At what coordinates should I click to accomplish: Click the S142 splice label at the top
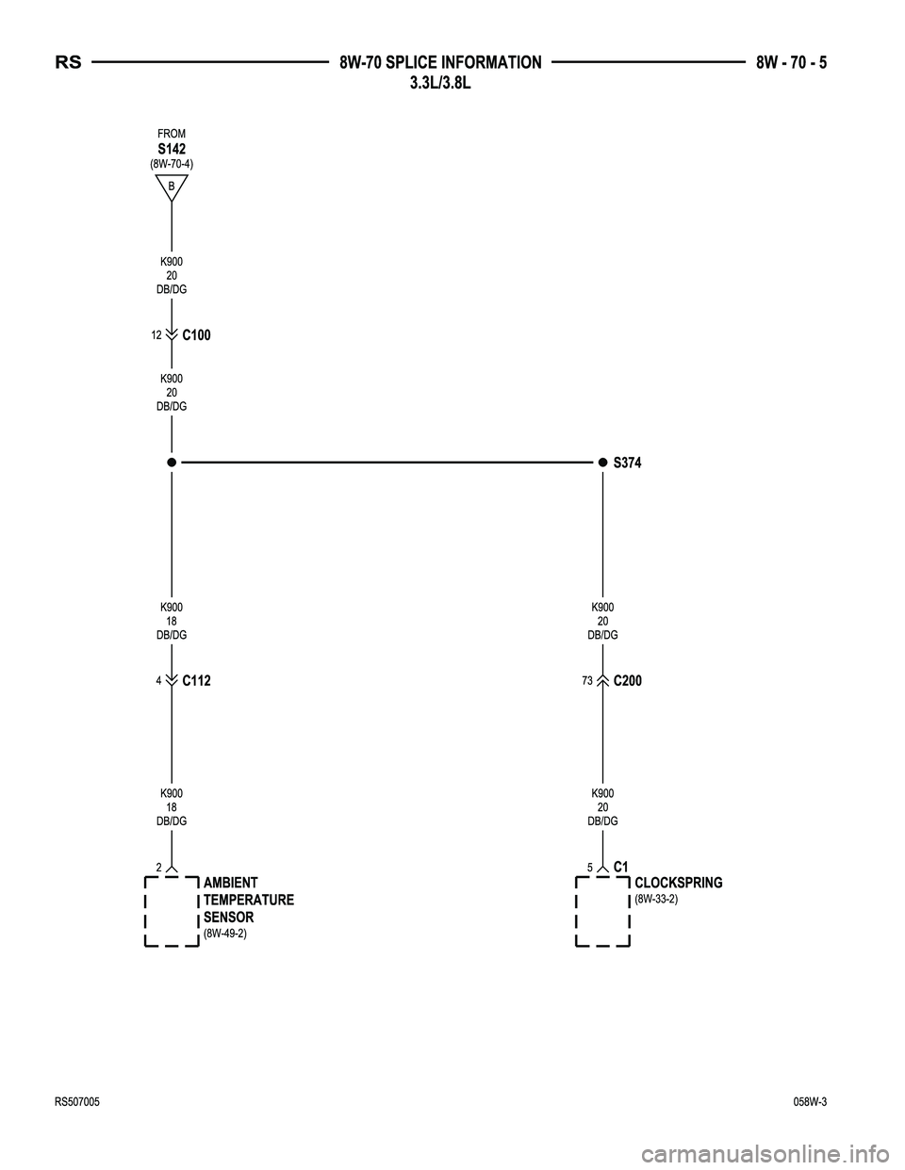tap(172, 149)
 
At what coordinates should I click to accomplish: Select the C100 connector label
tap(197, 335)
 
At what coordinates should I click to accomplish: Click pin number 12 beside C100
tap(156, 335)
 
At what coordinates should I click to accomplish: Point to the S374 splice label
tap(628, 463)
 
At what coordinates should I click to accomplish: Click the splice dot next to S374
tap(602, 462)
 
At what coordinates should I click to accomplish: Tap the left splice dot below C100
tap(172, 462)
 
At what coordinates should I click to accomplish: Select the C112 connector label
tap(197, 681)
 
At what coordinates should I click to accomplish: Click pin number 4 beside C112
tap(159, 681)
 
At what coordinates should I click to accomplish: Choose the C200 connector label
tap(628, 681)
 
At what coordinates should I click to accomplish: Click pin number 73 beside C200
tap(587, 681)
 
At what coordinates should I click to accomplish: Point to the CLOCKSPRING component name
tap(679, 883)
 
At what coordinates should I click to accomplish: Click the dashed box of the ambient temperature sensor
tap(145, 912)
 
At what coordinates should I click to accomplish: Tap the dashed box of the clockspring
tap(576, 912)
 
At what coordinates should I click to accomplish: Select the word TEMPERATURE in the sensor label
tap(249, 901)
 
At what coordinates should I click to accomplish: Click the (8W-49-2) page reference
tap(225, 934)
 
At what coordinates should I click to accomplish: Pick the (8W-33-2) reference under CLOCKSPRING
tap(656, 900)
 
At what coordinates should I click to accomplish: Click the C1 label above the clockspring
tap(620, 867)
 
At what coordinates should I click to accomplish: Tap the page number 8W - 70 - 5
tap(791, 63)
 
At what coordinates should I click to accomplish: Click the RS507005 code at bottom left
tap(77, 1102)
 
